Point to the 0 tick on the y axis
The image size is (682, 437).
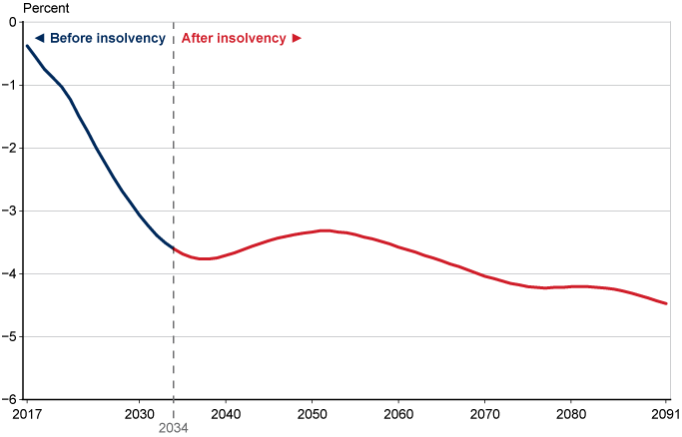[12, 22]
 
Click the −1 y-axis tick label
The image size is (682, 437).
[9, 85]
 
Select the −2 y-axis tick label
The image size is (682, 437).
[9, 148]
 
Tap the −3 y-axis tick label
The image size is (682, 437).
[9, 211]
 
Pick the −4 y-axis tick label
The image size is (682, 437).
[9, 273]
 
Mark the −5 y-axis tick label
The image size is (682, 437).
[9, 336]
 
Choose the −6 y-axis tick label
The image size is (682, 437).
[9, 399]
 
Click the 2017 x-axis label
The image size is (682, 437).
[26, 413]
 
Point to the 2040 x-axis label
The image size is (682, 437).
[226, 413]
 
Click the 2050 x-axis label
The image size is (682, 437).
[313, 413]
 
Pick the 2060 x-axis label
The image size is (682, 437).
[398, 413]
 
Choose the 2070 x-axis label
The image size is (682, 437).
[485, 413]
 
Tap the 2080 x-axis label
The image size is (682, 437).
[571, 413]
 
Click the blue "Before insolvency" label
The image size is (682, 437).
[100, 38]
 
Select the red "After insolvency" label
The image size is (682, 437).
[241, 38]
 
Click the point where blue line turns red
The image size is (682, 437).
[174, 248]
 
